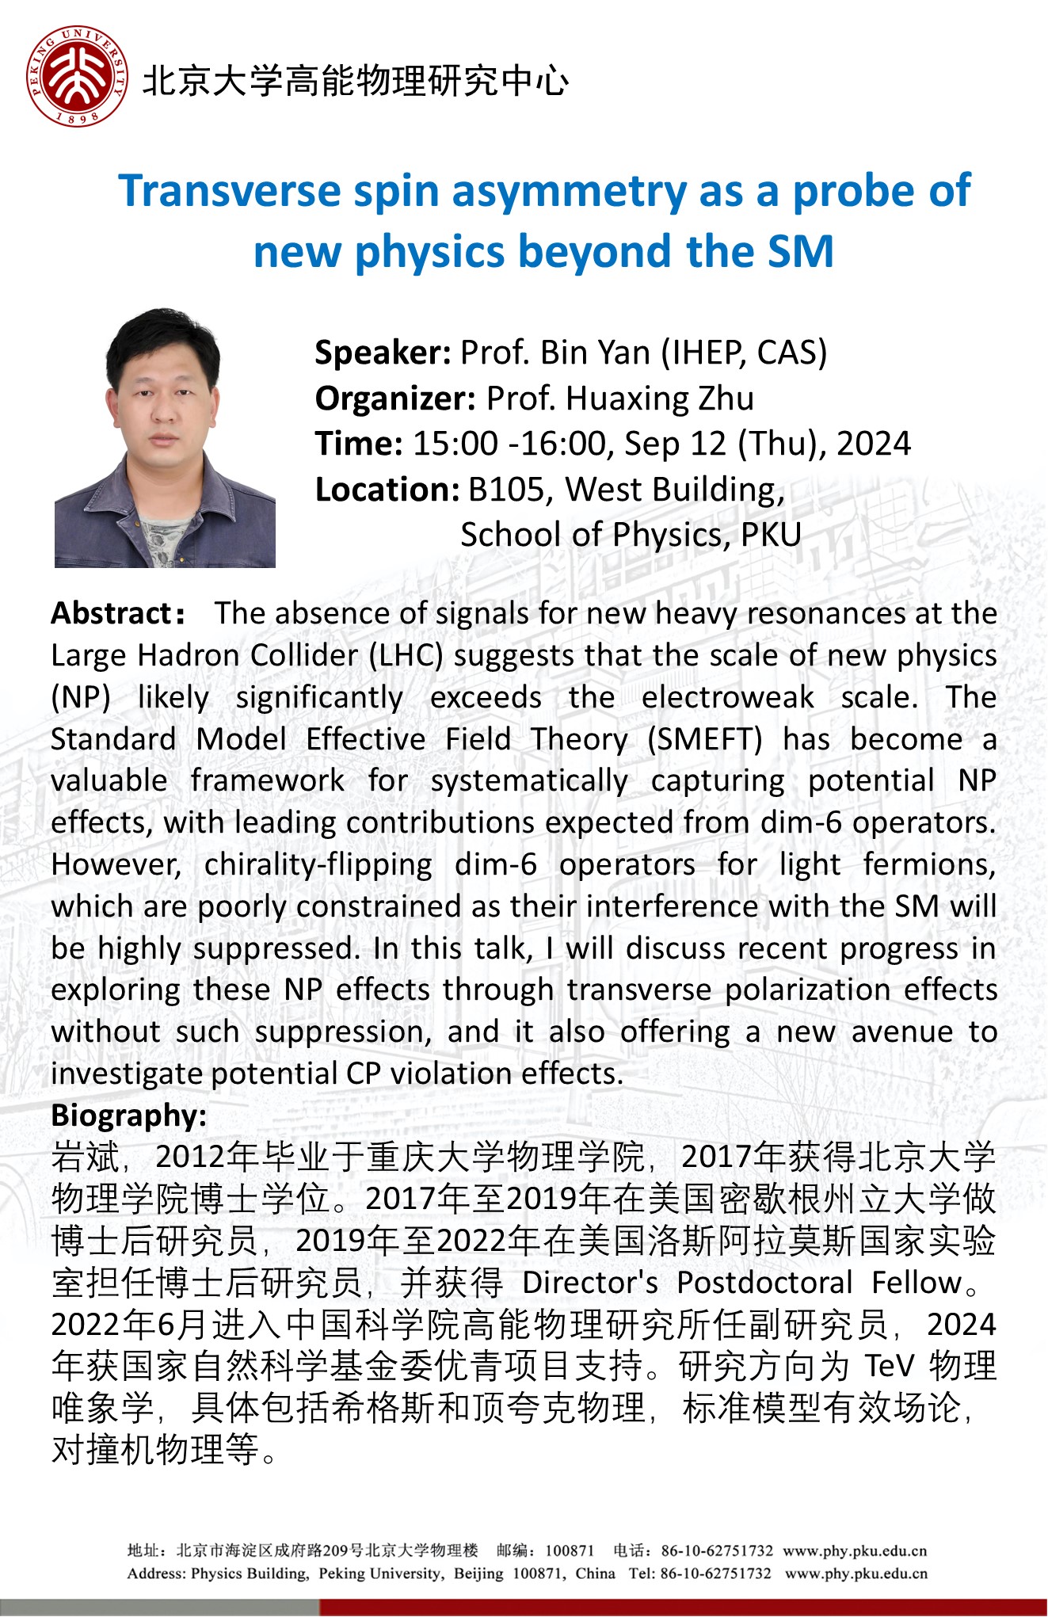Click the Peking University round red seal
pos(77,77)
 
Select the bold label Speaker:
pos(383,353)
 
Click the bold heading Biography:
pos(129,1116)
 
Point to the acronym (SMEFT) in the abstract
pos(704,739)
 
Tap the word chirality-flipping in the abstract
pos(318,864)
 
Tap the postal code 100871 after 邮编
pos(570,1550)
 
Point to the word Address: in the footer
pos(157,1573)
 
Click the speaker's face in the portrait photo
pos(164,396)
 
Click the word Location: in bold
pos(387,490)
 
